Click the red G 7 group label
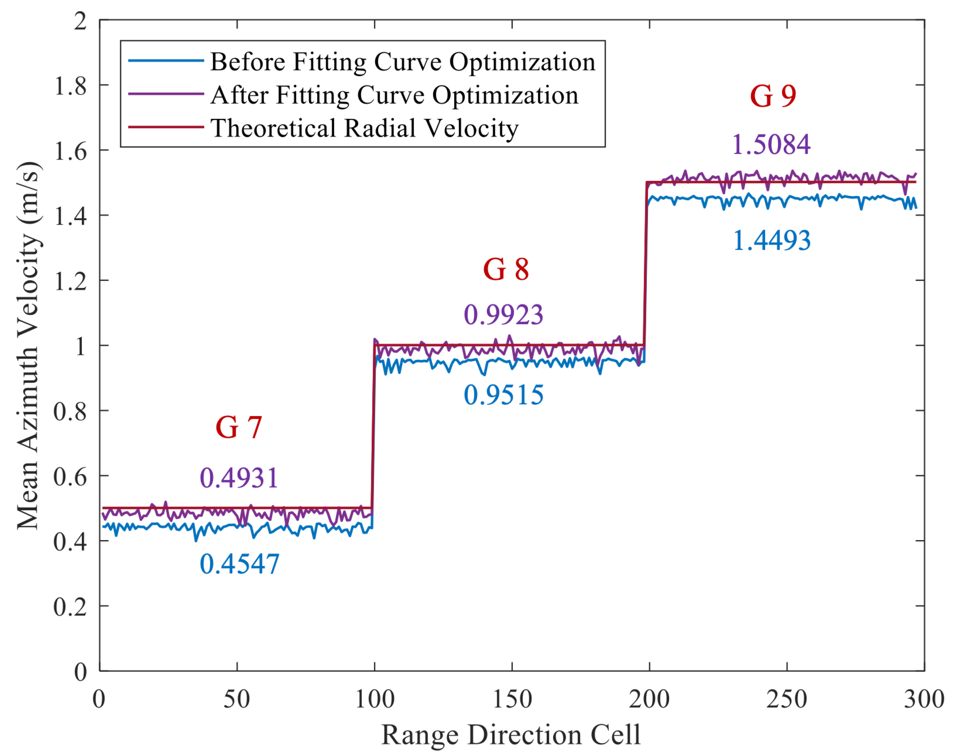238,428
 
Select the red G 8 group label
506,270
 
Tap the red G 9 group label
773,96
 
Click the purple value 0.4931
238,478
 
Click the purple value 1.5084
771,145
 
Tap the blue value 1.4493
772,241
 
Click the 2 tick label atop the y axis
80,21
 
